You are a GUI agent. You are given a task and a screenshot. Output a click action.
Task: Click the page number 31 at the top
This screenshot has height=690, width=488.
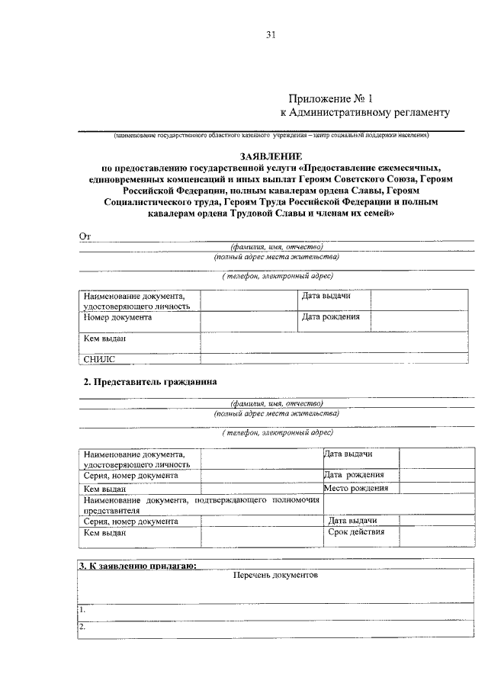(270, 34)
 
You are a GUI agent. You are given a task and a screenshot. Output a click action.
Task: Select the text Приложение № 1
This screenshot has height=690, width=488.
(332, 98)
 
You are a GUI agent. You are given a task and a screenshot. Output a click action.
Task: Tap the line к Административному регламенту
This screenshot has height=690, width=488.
(366, 113)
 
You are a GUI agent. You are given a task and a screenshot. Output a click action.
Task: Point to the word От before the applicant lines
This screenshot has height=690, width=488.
(85, 236)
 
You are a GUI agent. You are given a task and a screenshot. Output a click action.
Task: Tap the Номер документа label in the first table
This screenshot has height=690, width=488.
(118, 317)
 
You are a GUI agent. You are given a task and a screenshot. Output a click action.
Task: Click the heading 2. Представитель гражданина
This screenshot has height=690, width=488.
(150, 380)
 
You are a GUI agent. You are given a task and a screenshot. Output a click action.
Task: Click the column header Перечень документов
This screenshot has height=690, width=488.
(275, 576)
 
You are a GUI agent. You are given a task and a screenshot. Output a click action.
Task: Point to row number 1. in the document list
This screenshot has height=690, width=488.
(82, 610)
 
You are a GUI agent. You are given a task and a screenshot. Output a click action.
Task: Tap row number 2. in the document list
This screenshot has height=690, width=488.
(82, 627)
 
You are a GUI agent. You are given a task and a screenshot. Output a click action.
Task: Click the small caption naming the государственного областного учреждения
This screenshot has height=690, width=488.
(271, 136)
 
